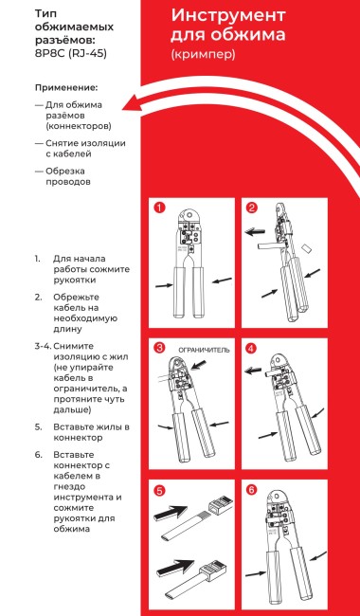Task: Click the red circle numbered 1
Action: [x=160, y=208]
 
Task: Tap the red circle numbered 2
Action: [x=252, y=208]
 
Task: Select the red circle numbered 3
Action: [x=160, y=348]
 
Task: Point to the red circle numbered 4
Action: [x=252, y=348]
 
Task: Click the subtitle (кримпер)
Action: [x=203, y=55]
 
